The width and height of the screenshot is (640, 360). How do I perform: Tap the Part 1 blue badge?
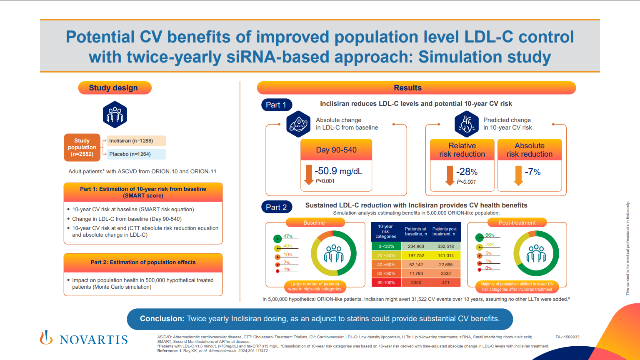click(276, 105)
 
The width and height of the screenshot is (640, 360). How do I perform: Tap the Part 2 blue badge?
click(276, 207)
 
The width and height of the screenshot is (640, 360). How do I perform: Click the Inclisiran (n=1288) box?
click(136, 141)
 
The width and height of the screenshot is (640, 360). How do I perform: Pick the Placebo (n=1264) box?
click(136, 154)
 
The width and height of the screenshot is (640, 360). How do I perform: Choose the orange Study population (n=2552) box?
click(82, 147)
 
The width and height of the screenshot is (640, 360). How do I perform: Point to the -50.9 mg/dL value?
click(338, 171)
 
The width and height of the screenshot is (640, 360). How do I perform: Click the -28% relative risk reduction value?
click(467, 172)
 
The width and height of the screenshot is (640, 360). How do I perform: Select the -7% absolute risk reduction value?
click(532, 172)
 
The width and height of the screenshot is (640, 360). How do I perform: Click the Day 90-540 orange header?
click(336, 150)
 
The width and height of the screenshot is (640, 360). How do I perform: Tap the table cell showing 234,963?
click(416, 246)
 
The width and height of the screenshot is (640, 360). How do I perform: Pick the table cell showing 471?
click(445, 282)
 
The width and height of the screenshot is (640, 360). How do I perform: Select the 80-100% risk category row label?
click(386, 282)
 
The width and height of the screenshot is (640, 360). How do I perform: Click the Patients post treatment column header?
click(445, 231)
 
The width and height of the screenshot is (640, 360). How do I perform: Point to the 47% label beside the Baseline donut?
click(288, 236)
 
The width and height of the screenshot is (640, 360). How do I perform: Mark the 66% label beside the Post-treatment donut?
click(490, 235)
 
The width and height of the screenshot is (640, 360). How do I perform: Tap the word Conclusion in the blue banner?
click(162, 319)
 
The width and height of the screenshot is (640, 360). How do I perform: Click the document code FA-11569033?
click(567, 337)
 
